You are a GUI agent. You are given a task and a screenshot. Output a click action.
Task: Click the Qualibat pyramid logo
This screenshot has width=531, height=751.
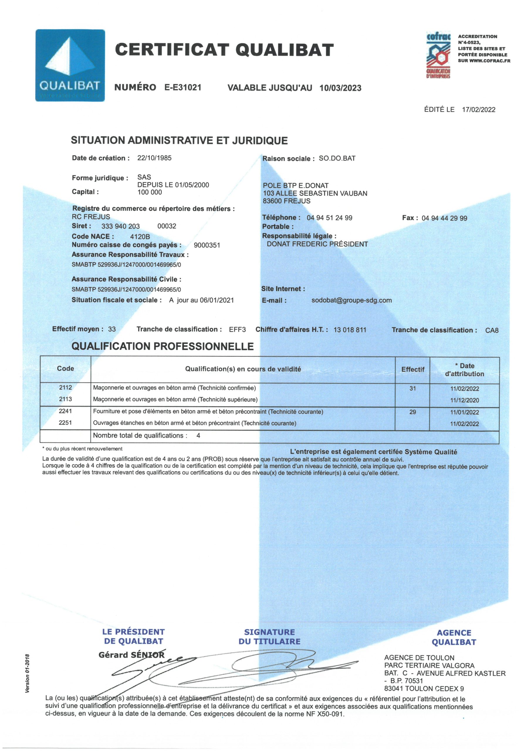pos(70,65)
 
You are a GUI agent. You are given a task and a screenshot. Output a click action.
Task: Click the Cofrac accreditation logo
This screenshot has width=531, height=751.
pos(438,55)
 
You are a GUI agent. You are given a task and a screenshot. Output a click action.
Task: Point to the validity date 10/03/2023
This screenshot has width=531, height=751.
pos(340,88)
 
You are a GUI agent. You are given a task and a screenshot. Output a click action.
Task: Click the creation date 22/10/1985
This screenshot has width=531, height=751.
pos(154,158)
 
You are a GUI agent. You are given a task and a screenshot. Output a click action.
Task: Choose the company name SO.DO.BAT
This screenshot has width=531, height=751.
pos(337,159)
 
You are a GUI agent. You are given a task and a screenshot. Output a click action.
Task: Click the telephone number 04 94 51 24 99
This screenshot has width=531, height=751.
pos(329,218)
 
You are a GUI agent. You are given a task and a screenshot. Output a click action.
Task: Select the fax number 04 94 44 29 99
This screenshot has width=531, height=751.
pos(444,218)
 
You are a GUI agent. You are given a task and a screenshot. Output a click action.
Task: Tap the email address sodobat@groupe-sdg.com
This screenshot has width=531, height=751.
pos(351,300)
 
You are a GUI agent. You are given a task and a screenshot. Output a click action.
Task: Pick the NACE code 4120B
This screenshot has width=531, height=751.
pos(140,236)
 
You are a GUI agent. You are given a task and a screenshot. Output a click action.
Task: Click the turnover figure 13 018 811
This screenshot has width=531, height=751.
pos(350,330)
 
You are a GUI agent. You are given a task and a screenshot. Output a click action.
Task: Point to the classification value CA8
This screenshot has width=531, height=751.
pos(491,330)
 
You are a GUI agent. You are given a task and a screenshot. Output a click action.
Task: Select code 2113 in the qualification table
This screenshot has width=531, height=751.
pos(65,399)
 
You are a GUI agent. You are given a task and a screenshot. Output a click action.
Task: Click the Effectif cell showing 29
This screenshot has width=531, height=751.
pos(412,412)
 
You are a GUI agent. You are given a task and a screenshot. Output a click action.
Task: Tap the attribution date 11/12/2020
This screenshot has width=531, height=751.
pos(464,400)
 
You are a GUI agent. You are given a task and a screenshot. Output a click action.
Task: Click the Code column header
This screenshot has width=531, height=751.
pos(65,369)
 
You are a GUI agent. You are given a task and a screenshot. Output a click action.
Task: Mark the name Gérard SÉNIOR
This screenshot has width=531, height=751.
pos(131,655)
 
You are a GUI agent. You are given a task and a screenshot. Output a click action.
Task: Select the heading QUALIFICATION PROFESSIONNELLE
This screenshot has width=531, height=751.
pos(162,346)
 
